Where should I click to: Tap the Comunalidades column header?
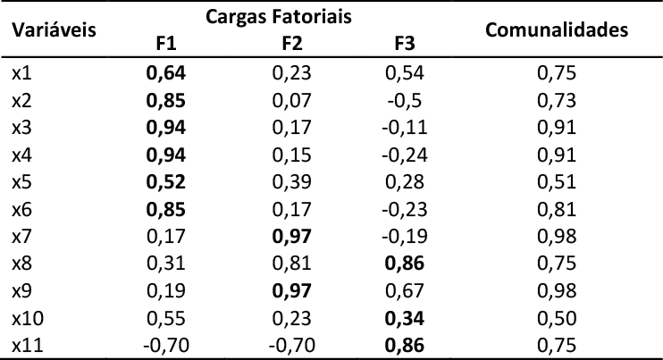point(556,30)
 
